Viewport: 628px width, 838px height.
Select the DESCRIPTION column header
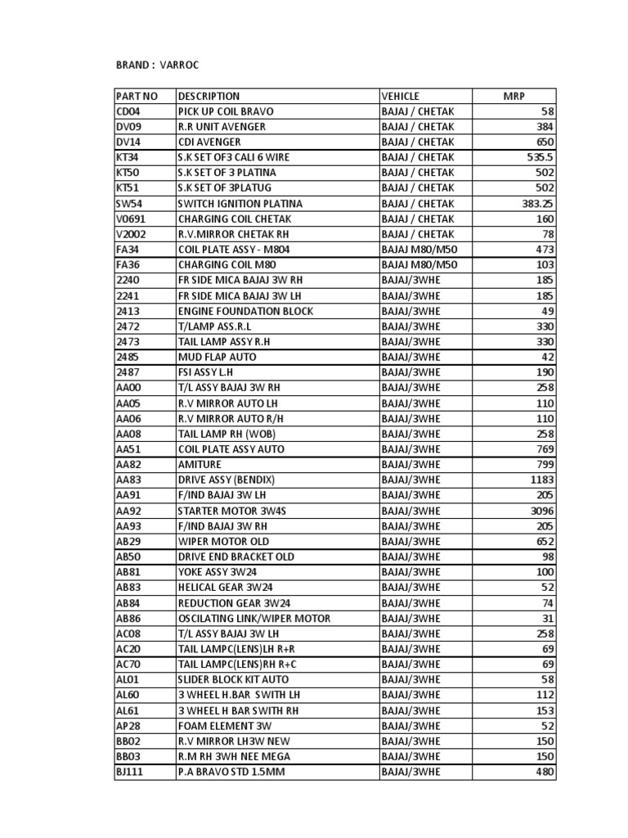click(209, 96)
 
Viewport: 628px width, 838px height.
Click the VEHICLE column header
click(400, 96)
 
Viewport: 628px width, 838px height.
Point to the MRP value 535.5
click(541, 157)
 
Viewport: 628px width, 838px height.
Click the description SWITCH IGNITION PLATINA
click(240, 204)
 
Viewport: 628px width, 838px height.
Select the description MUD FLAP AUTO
click(217, 357)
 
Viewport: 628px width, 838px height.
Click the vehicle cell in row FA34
click(419, 250)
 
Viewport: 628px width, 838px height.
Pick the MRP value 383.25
click(537, 204)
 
